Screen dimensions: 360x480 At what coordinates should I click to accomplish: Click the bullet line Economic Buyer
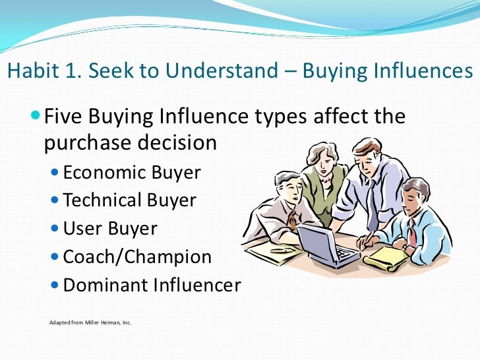coord(132,172)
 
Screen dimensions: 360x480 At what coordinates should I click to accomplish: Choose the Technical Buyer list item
coord(129,200)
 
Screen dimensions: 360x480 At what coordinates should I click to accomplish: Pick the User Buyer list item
coord(110,228)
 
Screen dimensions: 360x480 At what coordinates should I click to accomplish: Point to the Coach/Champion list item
coord(137,256)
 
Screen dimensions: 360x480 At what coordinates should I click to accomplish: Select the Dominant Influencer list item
coord(152,285)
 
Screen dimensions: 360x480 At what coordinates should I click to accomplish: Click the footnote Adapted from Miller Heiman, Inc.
coord(90,323)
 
